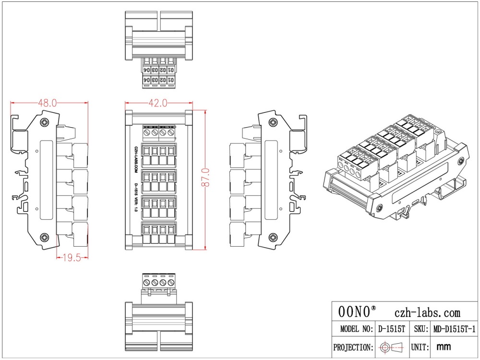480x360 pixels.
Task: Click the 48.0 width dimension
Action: click(48, 103)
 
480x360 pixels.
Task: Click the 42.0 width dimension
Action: click(158, 103)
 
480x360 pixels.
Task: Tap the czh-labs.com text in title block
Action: click(427, 313)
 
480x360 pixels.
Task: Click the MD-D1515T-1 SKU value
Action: click(454, 329)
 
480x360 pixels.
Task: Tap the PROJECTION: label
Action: click(353, 347)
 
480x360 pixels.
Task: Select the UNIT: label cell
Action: click(420, 347)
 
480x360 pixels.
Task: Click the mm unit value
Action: click(444, 347)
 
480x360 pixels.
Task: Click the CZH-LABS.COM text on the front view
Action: click(136, 159)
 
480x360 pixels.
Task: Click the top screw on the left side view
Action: click(45, 122)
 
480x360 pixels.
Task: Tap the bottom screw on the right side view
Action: click(273, 237)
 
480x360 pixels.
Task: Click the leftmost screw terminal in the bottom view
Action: click(147, 283)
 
